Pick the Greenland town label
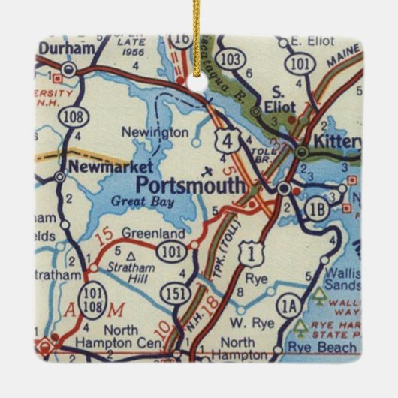[x=143, y=232]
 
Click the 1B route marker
[x=318, y=210]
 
